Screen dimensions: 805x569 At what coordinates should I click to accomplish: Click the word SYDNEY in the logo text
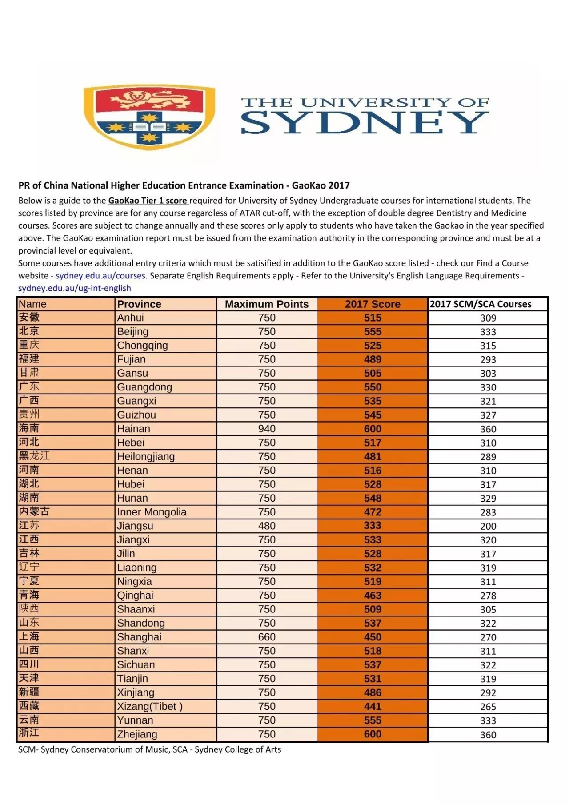[x=365, y=122]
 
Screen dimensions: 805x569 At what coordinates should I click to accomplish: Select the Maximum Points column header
[x=267, y=304]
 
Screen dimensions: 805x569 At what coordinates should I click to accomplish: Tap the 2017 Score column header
[x=373, y=304]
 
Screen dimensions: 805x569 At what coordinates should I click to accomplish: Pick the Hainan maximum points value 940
[x=267, y=429]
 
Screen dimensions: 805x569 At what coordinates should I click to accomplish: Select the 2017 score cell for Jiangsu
[x=373, y=526]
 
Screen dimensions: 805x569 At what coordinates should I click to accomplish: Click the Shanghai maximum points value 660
[x=267, y=637]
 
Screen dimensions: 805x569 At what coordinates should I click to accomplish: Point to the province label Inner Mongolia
[x=152, y=512]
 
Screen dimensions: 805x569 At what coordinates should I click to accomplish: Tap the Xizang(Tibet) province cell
[x=149, y=706]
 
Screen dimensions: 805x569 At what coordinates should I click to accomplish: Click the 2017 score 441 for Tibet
[x=373, y=706]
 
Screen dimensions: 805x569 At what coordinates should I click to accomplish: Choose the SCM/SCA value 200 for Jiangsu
[x=488, y=526]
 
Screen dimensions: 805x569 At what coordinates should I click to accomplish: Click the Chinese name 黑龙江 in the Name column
[x=34, y=456]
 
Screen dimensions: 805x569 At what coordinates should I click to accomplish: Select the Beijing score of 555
[x=373, y=332]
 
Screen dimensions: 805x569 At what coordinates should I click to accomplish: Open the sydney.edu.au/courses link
[x=100, y=276]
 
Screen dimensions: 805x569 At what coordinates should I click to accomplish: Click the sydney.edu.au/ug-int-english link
[x=75, y=288]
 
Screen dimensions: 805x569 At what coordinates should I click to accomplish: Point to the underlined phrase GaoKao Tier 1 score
[x=148, y=201]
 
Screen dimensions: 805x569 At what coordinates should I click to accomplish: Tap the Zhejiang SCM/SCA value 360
[x=488, y=735]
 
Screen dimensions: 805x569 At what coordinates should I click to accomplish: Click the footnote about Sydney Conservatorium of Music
[x=149, y=749]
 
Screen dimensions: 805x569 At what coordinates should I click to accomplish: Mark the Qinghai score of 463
[x=373, y=596]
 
